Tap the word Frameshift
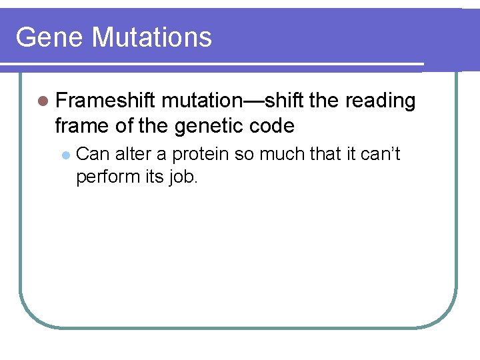tap(105, 101)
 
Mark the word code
tap(273, 125)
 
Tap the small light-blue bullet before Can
tap(65, 155)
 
